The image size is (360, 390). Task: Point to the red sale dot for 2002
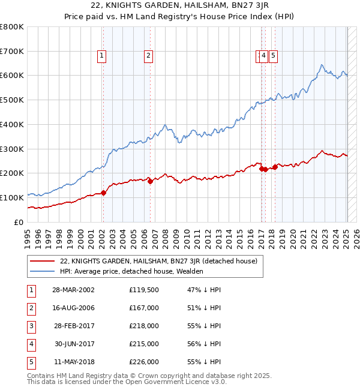(103, 193)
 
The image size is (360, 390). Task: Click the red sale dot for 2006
(150, 181)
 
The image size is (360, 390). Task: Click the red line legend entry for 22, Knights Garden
(159, 261)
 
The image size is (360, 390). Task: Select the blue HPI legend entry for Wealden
(131, 271)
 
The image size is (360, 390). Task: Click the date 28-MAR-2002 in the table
(73, 290)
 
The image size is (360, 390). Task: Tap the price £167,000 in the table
(144, 308)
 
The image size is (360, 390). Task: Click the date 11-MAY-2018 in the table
(73, 362)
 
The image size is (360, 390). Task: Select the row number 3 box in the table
(30, 326)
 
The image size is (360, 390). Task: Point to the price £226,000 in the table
(144, 362)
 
